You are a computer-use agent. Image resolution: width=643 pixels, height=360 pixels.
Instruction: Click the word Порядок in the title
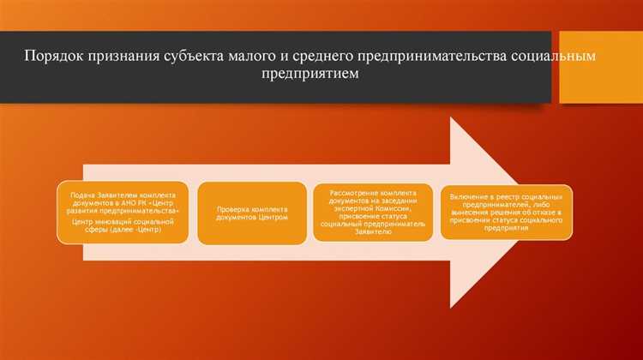point(54,57)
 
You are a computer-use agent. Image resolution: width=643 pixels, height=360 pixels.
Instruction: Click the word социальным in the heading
point(532,57)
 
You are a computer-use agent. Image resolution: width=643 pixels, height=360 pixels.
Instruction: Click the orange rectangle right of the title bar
point(600,67)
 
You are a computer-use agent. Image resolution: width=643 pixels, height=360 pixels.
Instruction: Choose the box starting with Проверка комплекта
point(251,213)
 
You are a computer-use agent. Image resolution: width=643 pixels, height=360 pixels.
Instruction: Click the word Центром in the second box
point(272,218)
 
